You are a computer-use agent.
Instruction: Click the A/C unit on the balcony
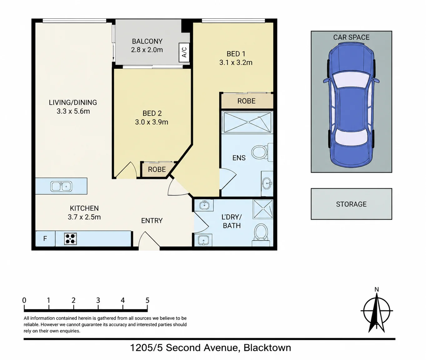pos(184,52)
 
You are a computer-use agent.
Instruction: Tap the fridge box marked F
pos(45,239)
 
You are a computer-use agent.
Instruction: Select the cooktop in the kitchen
pos(71,239)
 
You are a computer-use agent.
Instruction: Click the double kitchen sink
pos(62,186)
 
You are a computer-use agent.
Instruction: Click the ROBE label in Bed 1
pos(246,101)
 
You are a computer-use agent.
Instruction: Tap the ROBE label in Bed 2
pos(157,170)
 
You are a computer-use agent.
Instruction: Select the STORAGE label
pos(351,204)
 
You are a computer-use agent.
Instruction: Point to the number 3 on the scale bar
pos(98,300)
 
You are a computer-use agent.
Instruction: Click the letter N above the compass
pos(377,289)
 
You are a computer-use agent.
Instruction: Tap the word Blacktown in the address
pos(267,348)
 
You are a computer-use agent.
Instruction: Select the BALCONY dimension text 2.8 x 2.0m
pos(147,50)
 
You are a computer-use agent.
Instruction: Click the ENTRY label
pos(152,221)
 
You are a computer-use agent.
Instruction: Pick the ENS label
pos(239,158)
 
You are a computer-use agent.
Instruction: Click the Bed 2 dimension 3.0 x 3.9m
pos(151,122)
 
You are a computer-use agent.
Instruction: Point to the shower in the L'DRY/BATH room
pos(263,209)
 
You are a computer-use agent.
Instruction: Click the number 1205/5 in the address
pos(146,348)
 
